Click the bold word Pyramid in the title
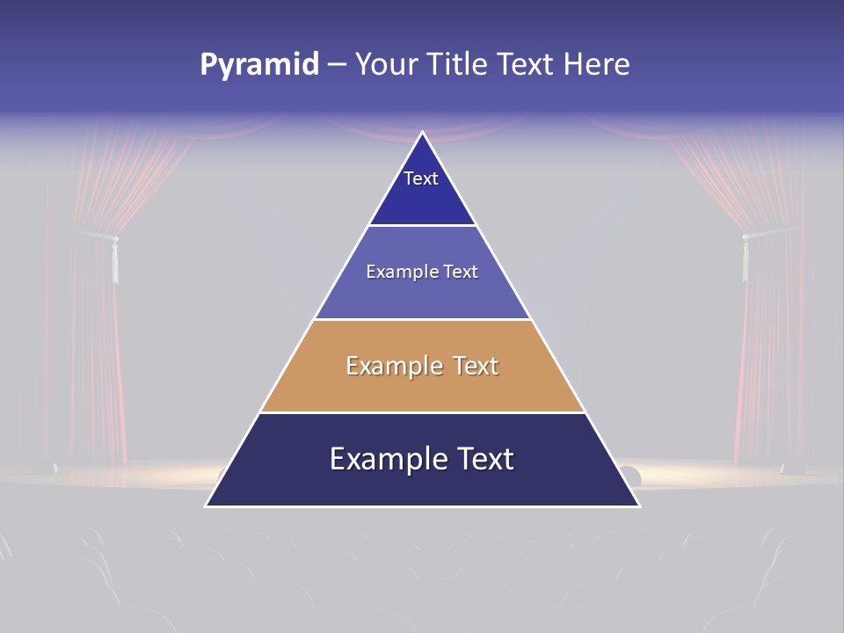[x=259, y=65]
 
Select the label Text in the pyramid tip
[x=421, y=178]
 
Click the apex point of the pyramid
[x=423, y=133]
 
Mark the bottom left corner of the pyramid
[x=207, y=506]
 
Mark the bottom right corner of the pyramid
[x=639, y=506]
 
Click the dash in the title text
[x=337, y=65]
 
